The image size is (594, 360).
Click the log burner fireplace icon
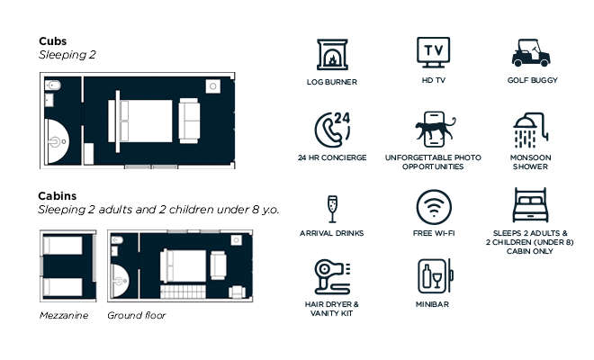tap(332, 55)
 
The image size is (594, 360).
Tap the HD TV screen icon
tap(434, 52)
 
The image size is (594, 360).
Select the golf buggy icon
tap(531, 53)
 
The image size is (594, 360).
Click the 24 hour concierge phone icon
tap(332, 130)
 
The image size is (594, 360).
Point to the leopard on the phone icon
tap(435, 129)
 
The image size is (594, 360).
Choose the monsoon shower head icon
tap(530, 130)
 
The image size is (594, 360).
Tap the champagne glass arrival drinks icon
tap(332, 209)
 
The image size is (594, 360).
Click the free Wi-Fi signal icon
tap(434, 207)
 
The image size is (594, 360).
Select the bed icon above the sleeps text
tap(530, 205)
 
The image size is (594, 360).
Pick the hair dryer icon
tap(332, 277)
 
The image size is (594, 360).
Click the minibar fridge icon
tap(436, 276)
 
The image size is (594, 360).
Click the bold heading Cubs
tap(53, 40)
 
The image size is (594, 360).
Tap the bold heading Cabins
tap(58, 196)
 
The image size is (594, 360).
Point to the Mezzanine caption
tap(64, 315)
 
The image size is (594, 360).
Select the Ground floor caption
tap(137, 315)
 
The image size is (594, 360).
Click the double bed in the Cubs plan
tap(140, 121)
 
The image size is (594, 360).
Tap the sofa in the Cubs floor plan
tap(189, 121)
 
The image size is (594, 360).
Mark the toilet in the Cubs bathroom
tap(53, 85)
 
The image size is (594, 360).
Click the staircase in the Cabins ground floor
tap(183, 292)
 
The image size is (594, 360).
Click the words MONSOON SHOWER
tap(530, 162)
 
